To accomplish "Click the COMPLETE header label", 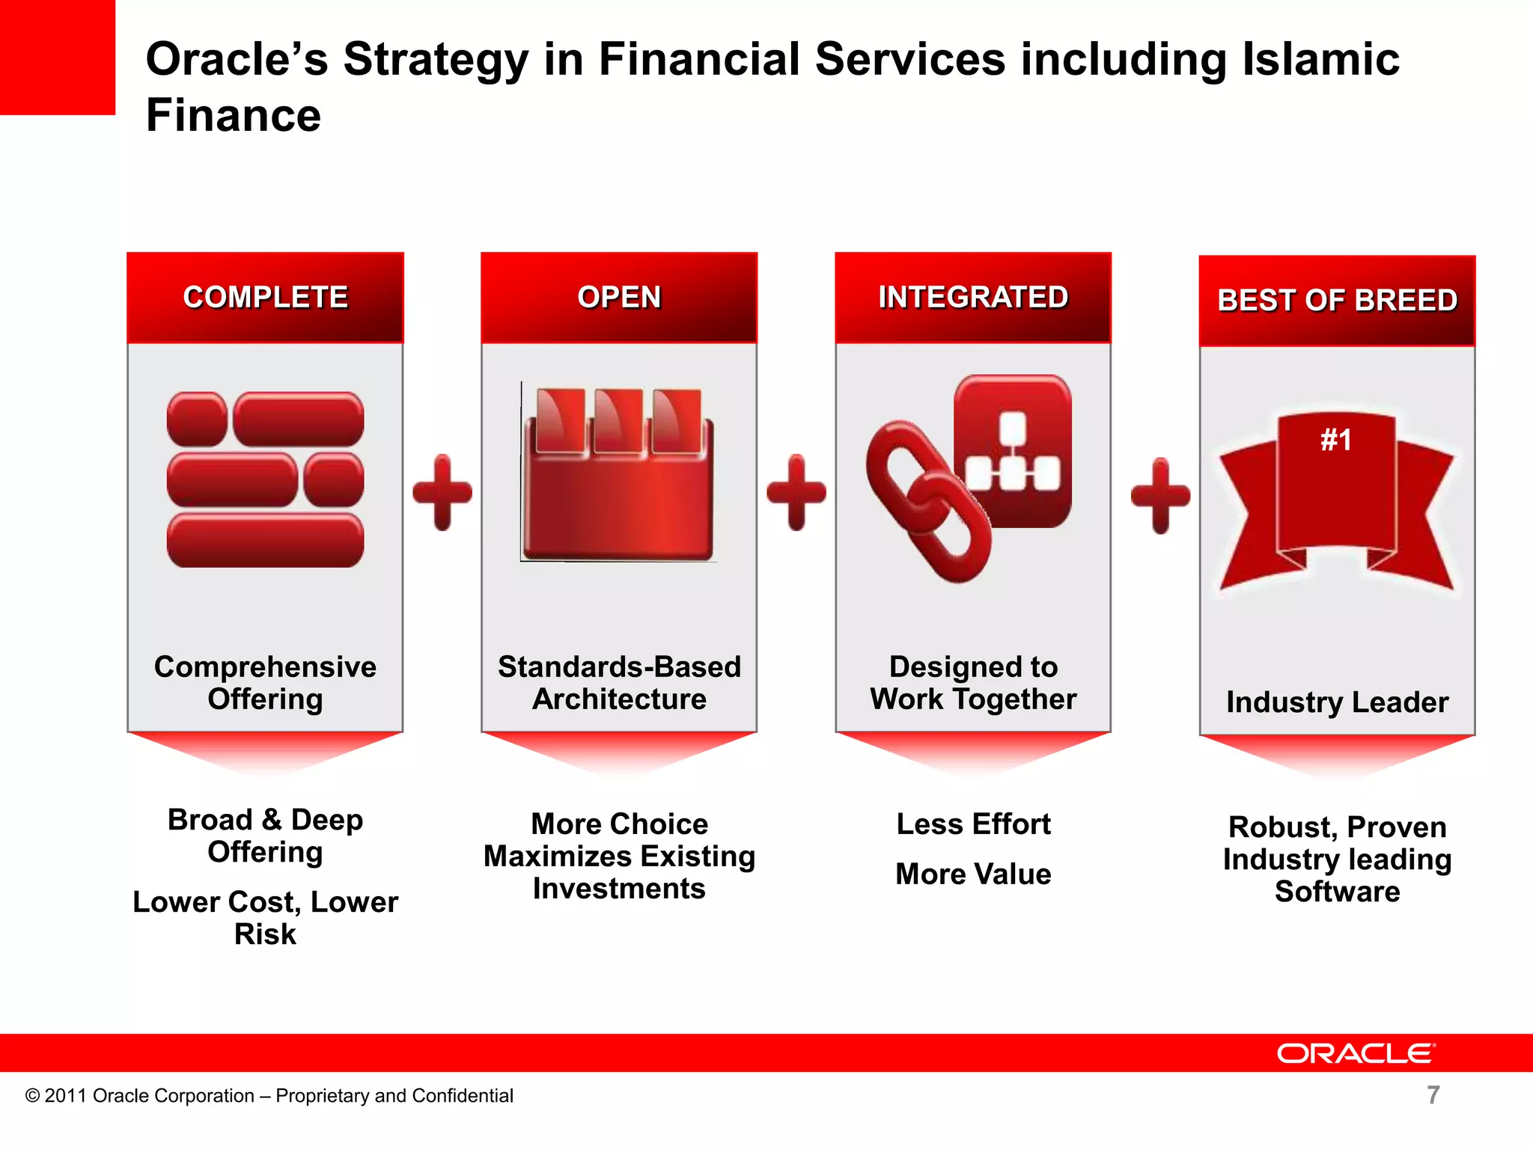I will (x=265, y=297).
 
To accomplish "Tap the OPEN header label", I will (x=619, y=297).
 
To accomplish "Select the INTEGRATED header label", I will (x=973, y=297).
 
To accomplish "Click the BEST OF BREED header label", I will (x=1337, y=300).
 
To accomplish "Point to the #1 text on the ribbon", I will (x=1336, y=440).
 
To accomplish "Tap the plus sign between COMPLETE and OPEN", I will (x=442, y=492).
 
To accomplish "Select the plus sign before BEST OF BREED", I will (x=1160, y=495).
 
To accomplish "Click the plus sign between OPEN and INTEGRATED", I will (x=796, y=492).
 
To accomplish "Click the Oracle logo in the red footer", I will (x=1356, y=1053).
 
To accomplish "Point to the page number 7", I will (x=1433, y=1095).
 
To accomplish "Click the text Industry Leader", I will (x=1337, y=702).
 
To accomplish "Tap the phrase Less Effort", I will (x=973, y=824).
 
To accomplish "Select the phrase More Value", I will (x=973, y=874).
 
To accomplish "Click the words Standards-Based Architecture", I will (x=619, y=682).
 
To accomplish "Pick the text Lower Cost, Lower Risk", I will (x=265, y=918).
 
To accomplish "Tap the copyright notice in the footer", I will (x=269, y=1095).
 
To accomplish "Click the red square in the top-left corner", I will (x=57, y=57).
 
